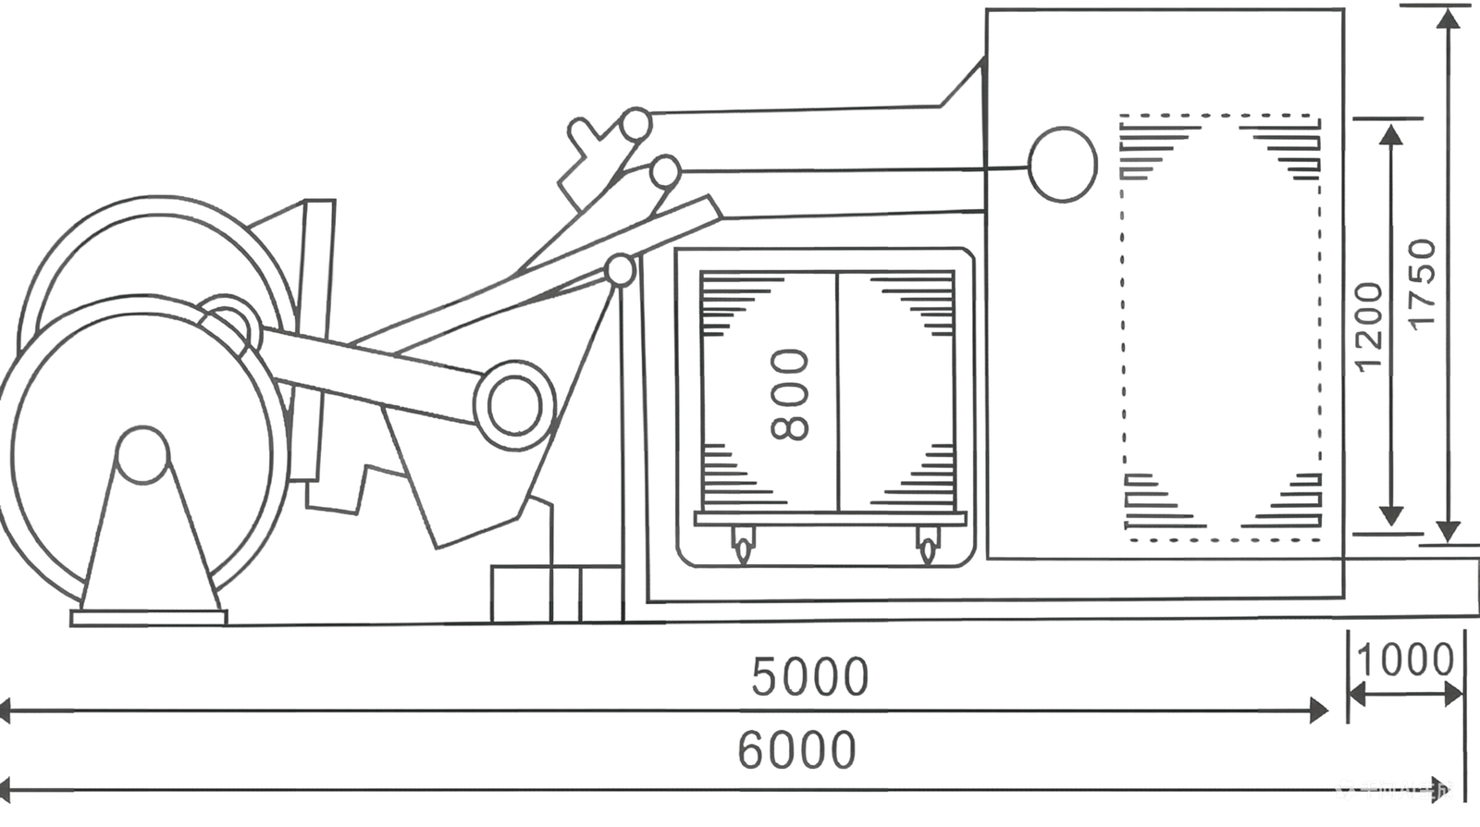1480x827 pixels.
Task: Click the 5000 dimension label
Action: pyautogui.click(x=809, y=676)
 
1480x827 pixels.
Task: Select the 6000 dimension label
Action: pyautogui.click(x=796, y=750)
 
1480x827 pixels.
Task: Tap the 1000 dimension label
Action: pyautogui.click(x=1405, y=660)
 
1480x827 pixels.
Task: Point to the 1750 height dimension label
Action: pyautogui.click(x=1422, y=282)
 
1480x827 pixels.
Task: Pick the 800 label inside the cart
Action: pyautogui.click(x=790, y=394)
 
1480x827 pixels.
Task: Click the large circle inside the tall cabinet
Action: pyautogui.click(x=1062, y=164)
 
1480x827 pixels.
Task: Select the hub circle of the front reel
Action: pyautogui.click(x=142, y=454)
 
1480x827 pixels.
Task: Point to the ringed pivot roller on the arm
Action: pyautogui.click(x=514, y=405)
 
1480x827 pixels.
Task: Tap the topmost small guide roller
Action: pyautogui.click(x=635, y=123)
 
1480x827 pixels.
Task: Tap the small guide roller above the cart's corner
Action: pyautogui.click(x=620, y=271)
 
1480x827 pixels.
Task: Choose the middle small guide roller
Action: pyautogui.click(x=664, y=171)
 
